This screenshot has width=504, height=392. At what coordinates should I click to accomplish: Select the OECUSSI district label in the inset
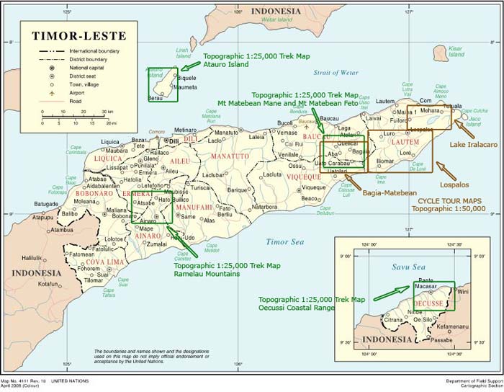pyautogui.click(x=429, y=304)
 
